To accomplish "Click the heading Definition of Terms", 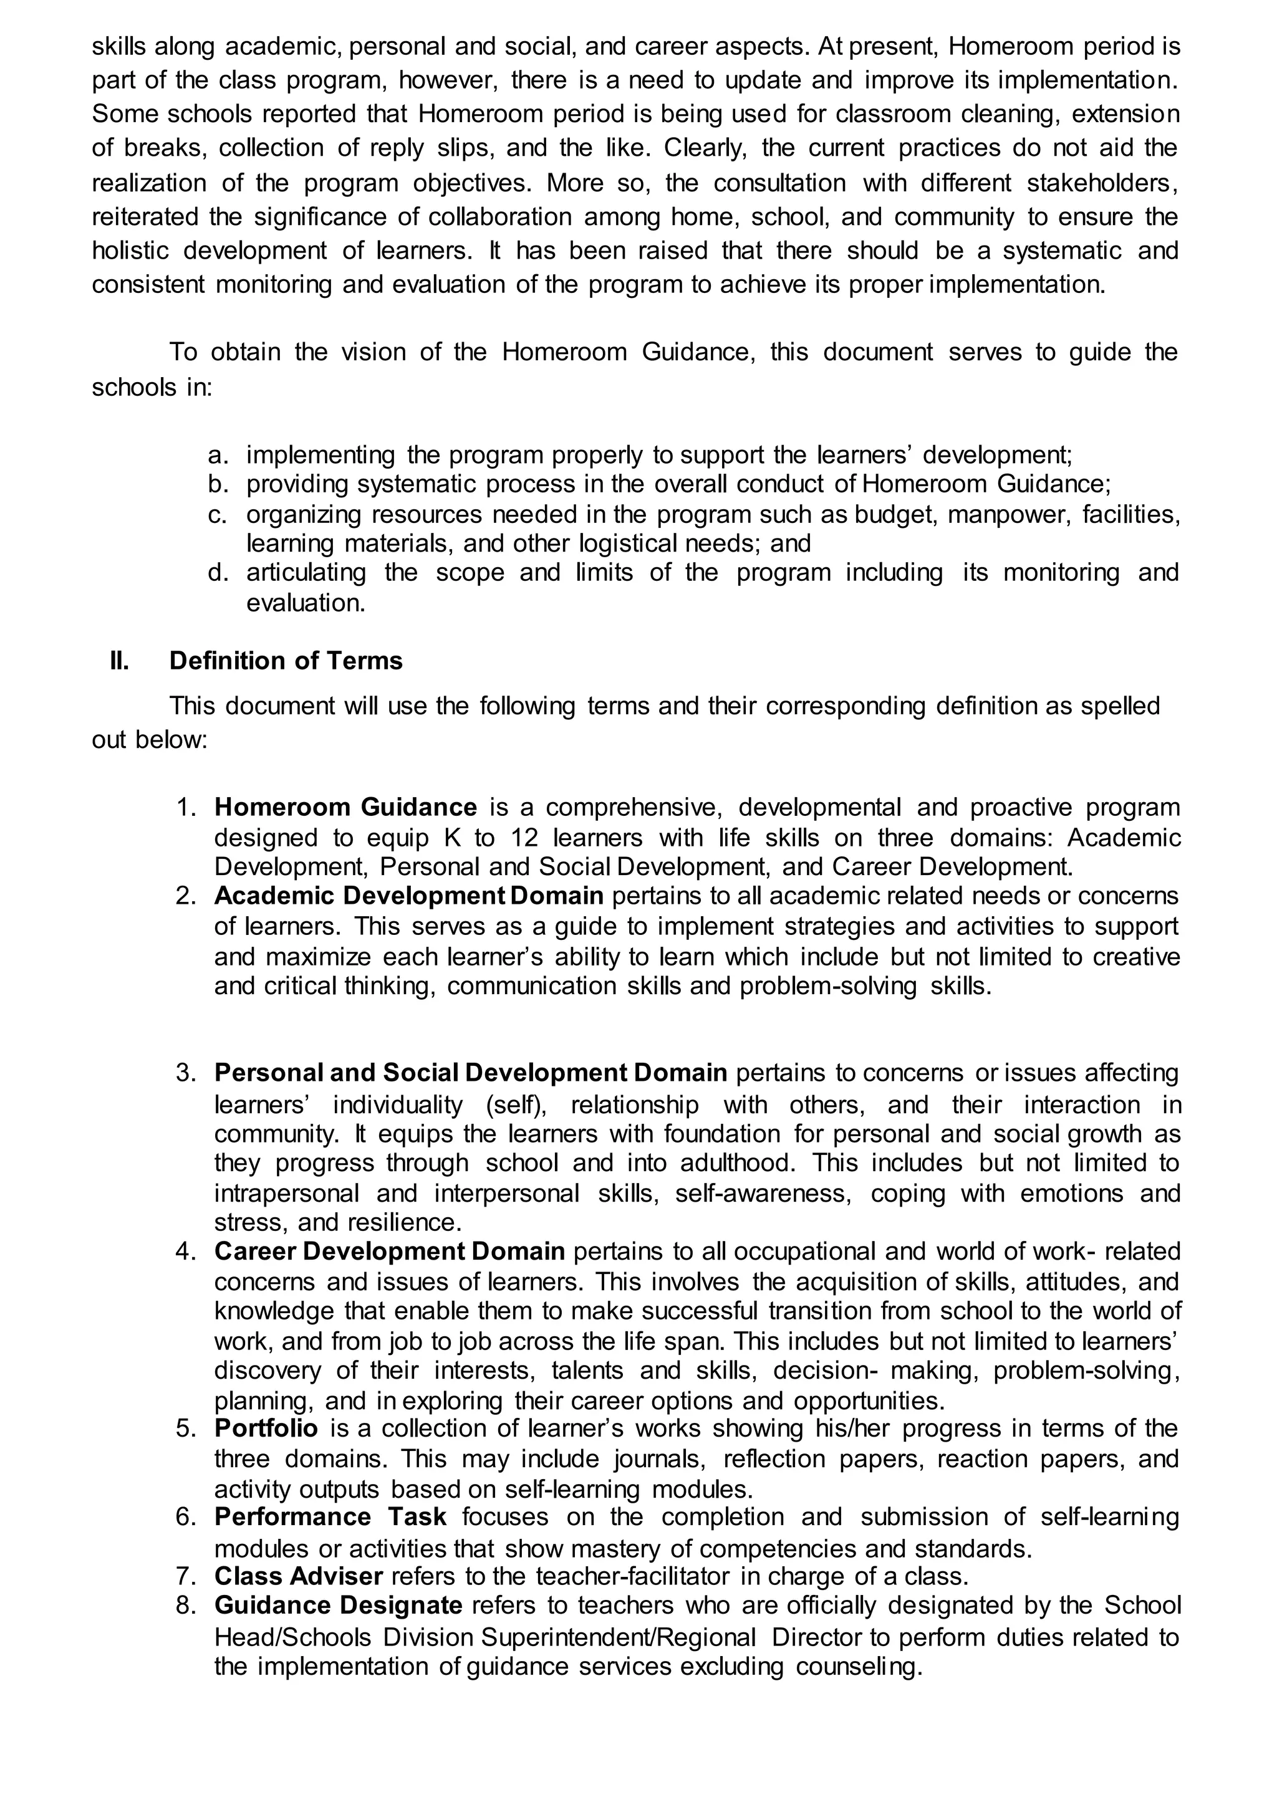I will (286, 661).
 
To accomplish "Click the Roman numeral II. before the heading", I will (120, 661).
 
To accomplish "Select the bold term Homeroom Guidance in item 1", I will (345, 807).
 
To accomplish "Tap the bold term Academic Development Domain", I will (408, 896).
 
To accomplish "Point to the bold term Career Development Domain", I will (389, 1251).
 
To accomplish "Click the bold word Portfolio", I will (266, 1428).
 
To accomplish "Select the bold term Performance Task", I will (330, 1516).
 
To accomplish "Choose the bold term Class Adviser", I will (298, 1576).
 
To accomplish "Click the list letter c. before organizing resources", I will (218, 515).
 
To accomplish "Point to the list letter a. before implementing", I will (218, 455).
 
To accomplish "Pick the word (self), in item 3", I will (517, 1104).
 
